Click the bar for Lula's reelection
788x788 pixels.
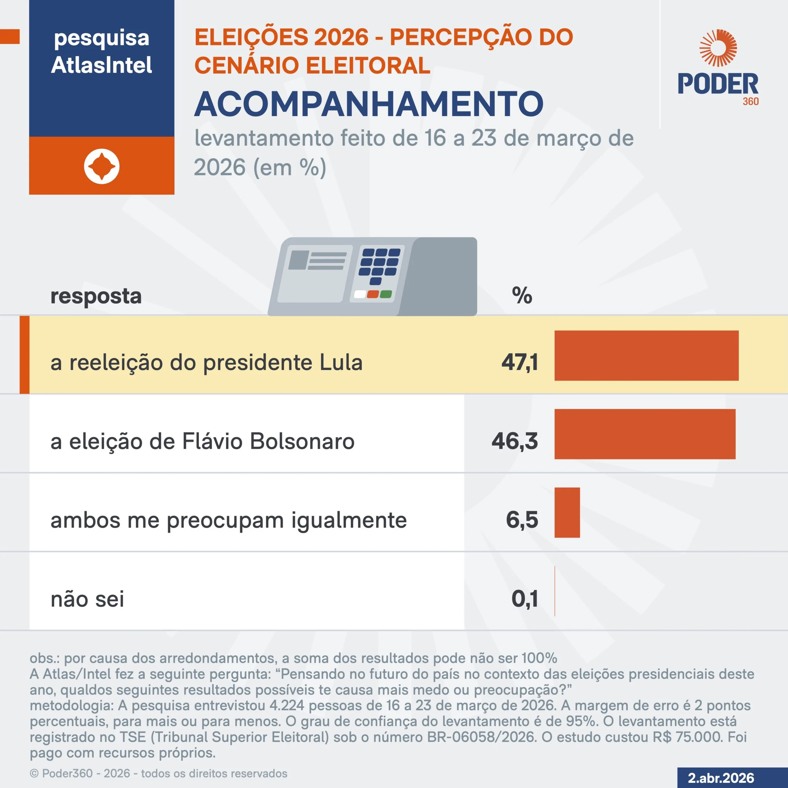646,356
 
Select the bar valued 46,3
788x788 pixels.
645,434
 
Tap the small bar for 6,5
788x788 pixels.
567,513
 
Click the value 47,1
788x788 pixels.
520,362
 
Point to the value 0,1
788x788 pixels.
525,599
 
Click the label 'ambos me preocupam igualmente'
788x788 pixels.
228,521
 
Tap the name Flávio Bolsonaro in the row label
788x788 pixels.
268,441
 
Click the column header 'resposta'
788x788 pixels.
96,296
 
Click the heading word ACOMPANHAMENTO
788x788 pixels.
369,104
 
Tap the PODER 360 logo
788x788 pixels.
718,67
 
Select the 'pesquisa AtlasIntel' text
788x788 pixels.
102,51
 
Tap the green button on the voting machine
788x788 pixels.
385,294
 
